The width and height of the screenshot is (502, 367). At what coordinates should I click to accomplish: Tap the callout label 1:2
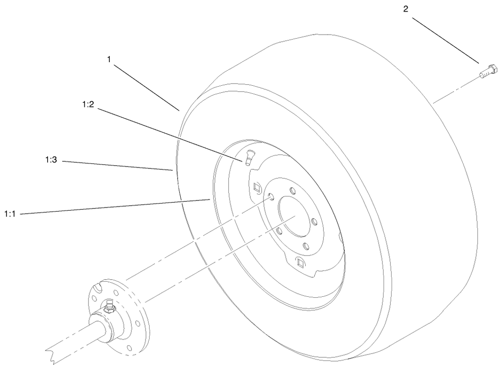coord(88,105)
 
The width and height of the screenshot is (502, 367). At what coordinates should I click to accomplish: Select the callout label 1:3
coord(51,161)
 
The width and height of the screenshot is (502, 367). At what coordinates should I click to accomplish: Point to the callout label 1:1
coord(11,214)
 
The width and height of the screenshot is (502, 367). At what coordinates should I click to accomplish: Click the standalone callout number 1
coord(109,59)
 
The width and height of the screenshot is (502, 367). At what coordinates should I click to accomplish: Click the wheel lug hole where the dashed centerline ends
coord(270,196)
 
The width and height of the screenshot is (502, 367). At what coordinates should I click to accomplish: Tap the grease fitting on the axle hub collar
coord(108,305)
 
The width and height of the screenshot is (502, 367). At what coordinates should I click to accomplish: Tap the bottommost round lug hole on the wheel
coord(305,246)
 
